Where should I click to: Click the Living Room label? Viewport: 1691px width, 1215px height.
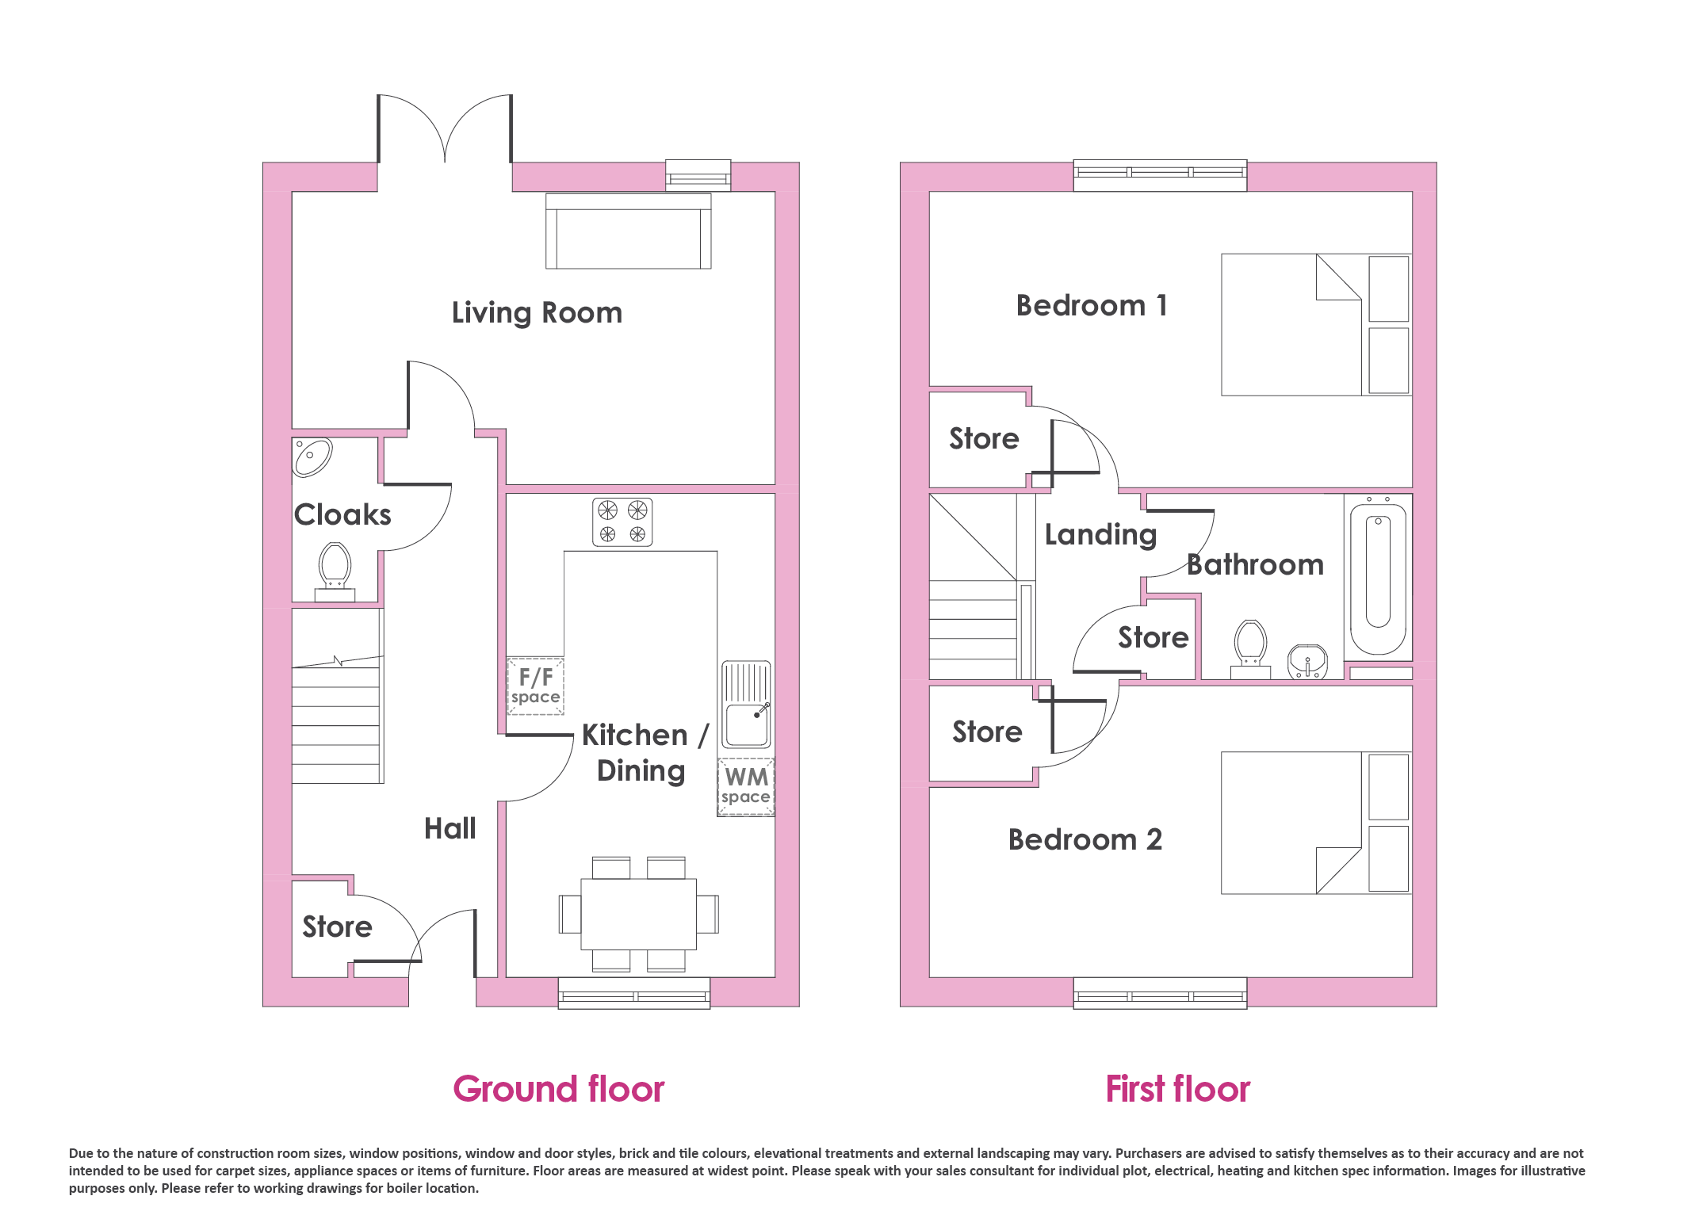point(537,313)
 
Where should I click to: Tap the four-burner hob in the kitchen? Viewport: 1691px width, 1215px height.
point(622,522)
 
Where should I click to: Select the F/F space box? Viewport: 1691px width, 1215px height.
point(535,686)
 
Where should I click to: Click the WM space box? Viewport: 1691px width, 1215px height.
point(746,787)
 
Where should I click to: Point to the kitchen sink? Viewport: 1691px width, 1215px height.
point(746,705)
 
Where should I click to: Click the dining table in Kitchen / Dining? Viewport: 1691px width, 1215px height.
point(638,914)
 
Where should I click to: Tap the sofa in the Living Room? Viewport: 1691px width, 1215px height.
point(628,231)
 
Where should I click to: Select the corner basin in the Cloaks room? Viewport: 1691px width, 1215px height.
point(312,457)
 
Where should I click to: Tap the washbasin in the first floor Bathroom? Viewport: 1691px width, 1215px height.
point(1308,662)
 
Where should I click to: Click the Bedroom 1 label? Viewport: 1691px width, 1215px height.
point(1092,306)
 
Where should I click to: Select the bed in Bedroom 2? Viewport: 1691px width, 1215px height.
point(1316,823)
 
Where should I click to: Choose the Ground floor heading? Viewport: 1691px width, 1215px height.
point(559,1089)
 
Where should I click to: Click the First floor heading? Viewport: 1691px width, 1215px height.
point(1178,1089)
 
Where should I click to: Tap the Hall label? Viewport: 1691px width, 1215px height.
point(450,829)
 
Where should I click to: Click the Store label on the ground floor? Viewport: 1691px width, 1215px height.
point(338,927)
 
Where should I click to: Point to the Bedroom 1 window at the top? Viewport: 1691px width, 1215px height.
point(1160,175)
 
